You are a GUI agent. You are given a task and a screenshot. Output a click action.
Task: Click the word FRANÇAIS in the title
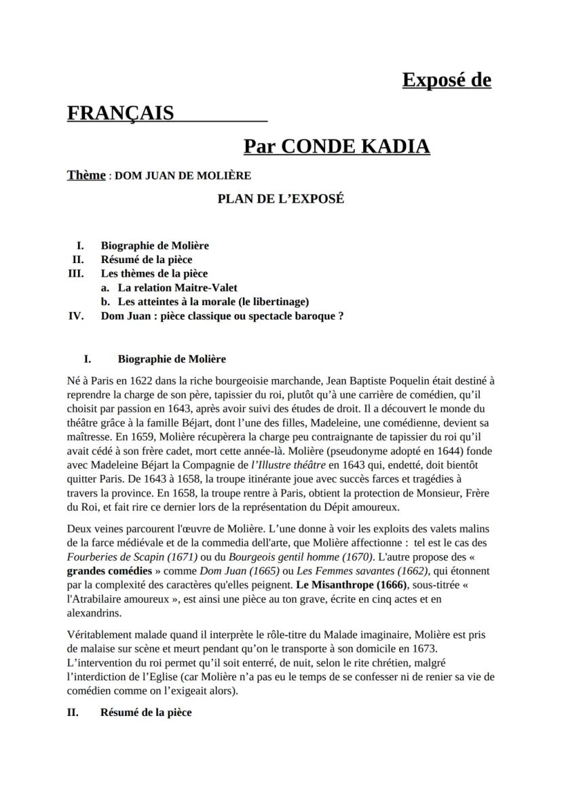[120, 113]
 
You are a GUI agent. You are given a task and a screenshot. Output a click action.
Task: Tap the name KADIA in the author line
[396, 146]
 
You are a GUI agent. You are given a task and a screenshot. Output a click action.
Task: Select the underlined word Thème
[86, 175]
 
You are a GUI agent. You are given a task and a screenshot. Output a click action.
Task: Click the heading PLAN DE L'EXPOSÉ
[280, 199]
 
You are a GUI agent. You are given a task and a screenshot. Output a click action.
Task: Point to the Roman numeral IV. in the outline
[76, 315]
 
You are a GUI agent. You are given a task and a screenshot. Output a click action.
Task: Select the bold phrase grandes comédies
[110, 571]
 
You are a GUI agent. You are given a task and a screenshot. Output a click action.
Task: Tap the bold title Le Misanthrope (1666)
[352, 584]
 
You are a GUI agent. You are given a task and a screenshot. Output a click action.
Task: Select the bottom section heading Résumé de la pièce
[146, 712]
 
